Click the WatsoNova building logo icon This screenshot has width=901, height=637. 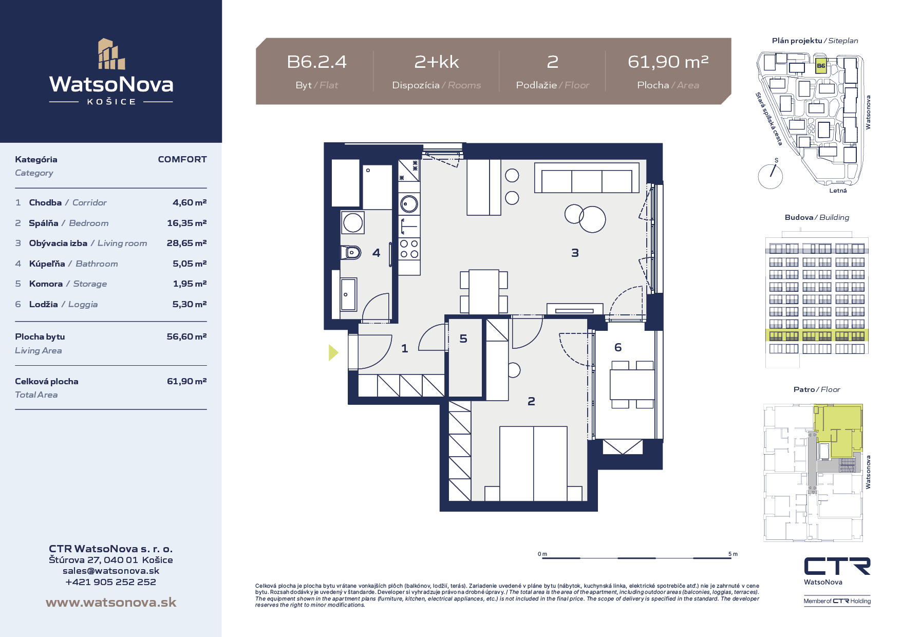tap(111, 54)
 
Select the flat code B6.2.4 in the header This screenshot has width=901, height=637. tap(316, 62)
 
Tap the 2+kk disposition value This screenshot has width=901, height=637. tap(437, 62)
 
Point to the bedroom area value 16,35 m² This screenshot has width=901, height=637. tap(186, 223)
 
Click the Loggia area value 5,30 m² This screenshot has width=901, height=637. tap(189, 304)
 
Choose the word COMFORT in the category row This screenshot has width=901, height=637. tap(182, 159)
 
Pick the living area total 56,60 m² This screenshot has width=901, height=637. tap(186, 336)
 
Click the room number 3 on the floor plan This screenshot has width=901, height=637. tap(575, 253)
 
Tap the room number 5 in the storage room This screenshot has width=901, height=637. tap(463, 339)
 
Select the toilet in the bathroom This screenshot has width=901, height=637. tap(351, 252)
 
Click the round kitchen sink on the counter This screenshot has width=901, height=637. tap(409, 204)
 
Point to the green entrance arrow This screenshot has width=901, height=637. tap(334, 352)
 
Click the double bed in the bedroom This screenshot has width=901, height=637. tap(533, 463)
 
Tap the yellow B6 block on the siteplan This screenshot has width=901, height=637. tap(821, 66)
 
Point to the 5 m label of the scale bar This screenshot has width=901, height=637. tap(733, 554)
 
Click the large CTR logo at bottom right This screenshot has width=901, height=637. tap(837, 566)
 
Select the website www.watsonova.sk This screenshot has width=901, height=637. tap(111, 603)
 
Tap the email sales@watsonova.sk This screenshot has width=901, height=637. tap(111, 571)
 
